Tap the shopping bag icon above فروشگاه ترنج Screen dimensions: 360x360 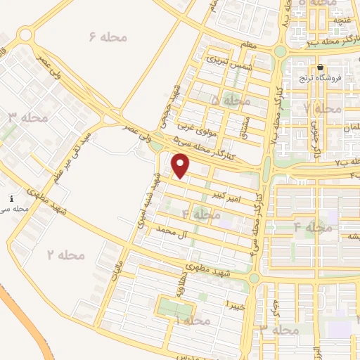click(321, 67)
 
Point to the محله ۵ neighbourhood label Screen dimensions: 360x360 click(230, 101)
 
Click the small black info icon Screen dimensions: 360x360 click(12, 199)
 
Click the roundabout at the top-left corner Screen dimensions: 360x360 click(27, 34)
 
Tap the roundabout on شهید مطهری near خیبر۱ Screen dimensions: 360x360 click(255, 278)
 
